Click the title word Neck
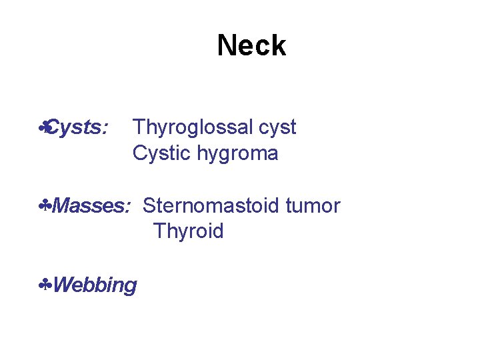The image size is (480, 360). pos(251,45)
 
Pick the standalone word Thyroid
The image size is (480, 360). pos(188,231)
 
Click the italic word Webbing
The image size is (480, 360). pos(95,285)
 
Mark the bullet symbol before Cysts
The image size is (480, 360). pos(44,127)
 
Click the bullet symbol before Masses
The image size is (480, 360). pos(45,206)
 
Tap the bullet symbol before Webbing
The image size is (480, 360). pos(45,285)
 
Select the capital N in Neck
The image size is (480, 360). pos(227,45)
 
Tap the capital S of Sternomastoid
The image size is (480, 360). pos(149,206)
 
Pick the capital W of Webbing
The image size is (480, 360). pos(62,285)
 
